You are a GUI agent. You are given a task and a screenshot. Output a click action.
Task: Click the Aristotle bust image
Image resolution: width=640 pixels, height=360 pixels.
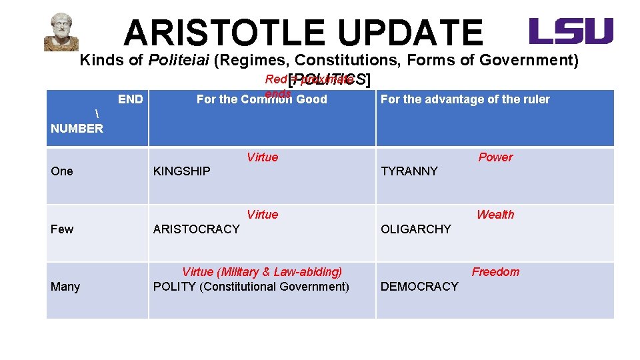(61, 32)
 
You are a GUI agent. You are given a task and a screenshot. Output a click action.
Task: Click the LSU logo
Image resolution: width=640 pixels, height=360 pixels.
(571, 31)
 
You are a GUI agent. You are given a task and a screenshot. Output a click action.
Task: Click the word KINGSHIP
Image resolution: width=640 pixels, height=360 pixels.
(181, 171)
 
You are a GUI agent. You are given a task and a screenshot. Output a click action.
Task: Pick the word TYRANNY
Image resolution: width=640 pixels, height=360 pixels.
(409, 171)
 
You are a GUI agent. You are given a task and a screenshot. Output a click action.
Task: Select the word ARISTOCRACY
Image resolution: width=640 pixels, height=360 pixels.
(196, 229)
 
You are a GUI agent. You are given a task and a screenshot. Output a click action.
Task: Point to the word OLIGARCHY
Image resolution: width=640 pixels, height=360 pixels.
(415, 229)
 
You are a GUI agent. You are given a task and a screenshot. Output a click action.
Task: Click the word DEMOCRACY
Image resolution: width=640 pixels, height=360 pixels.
(419, 287)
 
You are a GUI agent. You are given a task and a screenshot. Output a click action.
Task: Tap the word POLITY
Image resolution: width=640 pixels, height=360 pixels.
(174, 287)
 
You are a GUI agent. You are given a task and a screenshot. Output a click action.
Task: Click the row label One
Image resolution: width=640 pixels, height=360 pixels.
(62, 171)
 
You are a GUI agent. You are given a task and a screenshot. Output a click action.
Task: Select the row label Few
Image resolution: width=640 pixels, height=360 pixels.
(62, 229)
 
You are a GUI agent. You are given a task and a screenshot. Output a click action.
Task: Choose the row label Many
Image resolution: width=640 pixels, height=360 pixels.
(65, 287)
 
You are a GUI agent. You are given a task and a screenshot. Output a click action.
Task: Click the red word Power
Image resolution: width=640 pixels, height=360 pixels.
(495, 157)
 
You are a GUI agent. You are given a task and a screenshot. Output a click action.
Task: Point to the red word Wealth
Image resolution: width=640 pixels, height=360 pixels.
(495, 215)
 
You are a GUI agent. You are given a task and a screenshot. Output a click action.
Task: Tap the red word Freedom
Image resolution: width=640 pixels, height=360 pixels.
(495, 272)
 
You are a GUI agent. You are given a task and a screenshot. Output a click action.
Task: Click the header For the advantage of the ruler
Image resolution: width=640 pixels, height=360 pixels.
(465, 99)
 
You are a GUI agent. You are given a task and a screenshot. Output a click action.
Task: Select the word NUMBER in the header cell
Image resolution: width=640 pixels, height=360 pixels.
(77, 129)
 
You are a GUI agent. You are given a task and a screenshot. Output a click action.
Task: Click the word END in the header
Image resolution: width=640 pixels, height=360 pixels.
(130, 99)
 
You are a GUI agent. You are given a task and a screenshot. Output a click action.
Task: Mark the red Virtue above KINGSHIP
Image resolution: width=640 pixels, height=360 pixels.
(262, 157)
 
